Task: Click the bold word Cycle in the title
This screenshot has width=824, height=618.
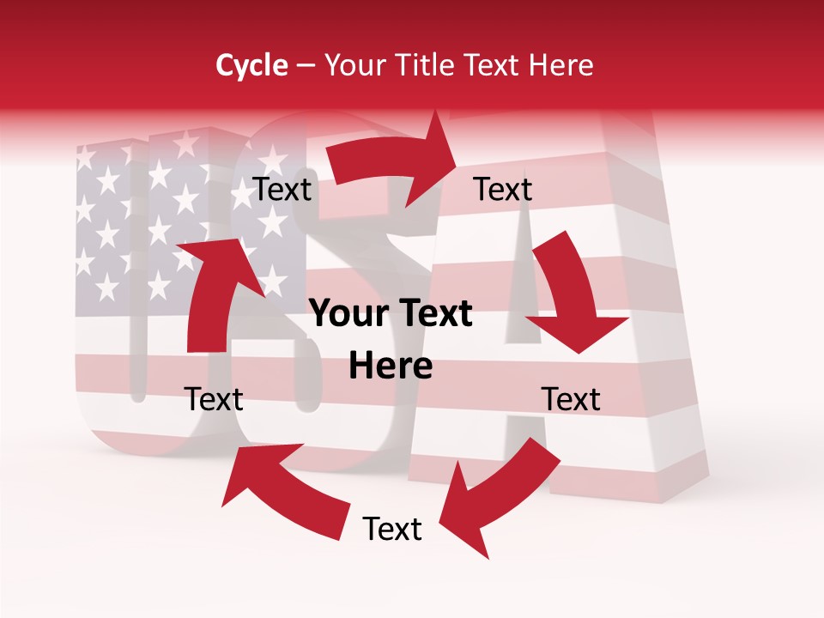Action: (251, 65)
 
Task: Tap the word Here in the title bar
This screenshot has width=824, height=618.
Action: (560, 65)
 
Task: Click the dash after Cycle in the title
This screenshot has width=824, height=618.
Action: (305, 65)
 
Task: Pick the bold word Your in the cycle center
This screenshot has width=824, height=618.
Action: (348, 314)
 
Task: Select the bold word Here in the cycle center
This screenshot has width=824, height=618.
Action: (391, 367)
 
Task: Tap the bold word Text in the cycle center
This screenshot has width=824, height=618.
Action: (433, 314)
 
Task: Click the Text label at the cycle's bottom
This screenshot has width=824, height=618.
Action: (392, 529)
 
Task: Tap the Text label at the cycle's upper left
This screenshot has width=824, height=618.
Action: (282, 190)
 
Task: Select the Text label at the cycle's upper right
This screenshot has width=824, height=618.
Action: (503, 190)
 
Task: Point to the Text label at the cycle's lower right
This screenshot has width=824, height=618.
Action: (571, 399)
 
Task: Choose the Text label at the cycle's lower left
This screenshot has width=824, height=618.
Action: (214, 399)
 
